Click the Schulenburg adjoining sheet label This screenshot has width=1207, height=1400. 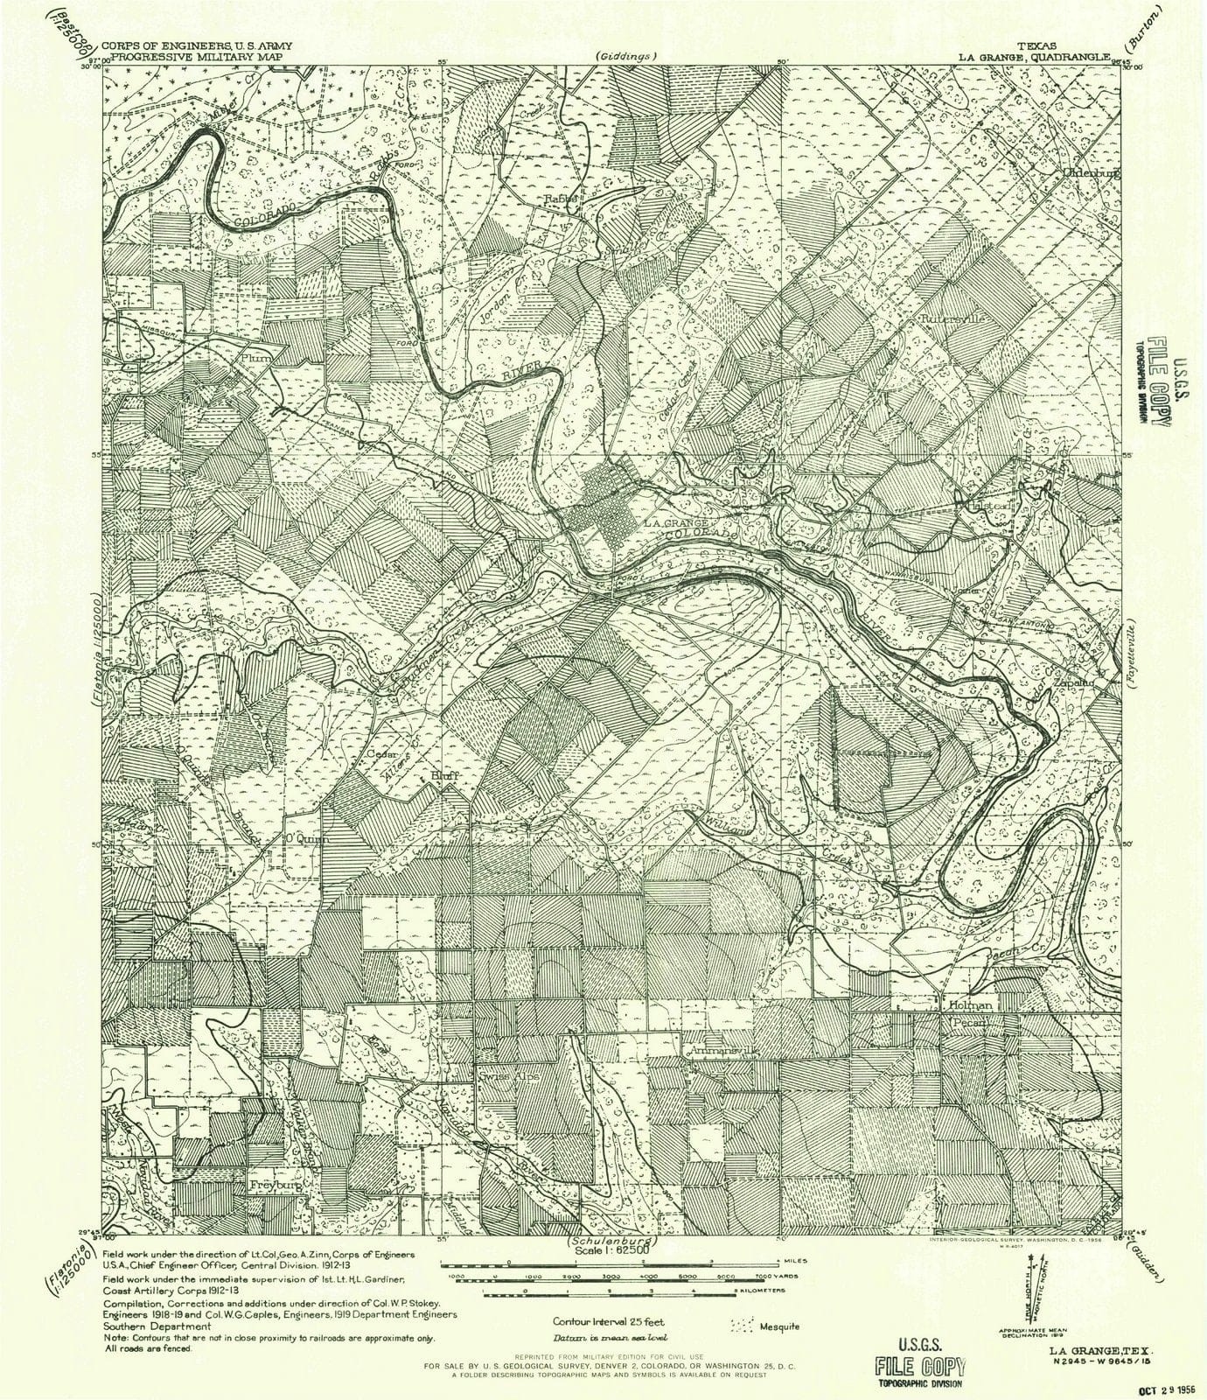pos(612,1242)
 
